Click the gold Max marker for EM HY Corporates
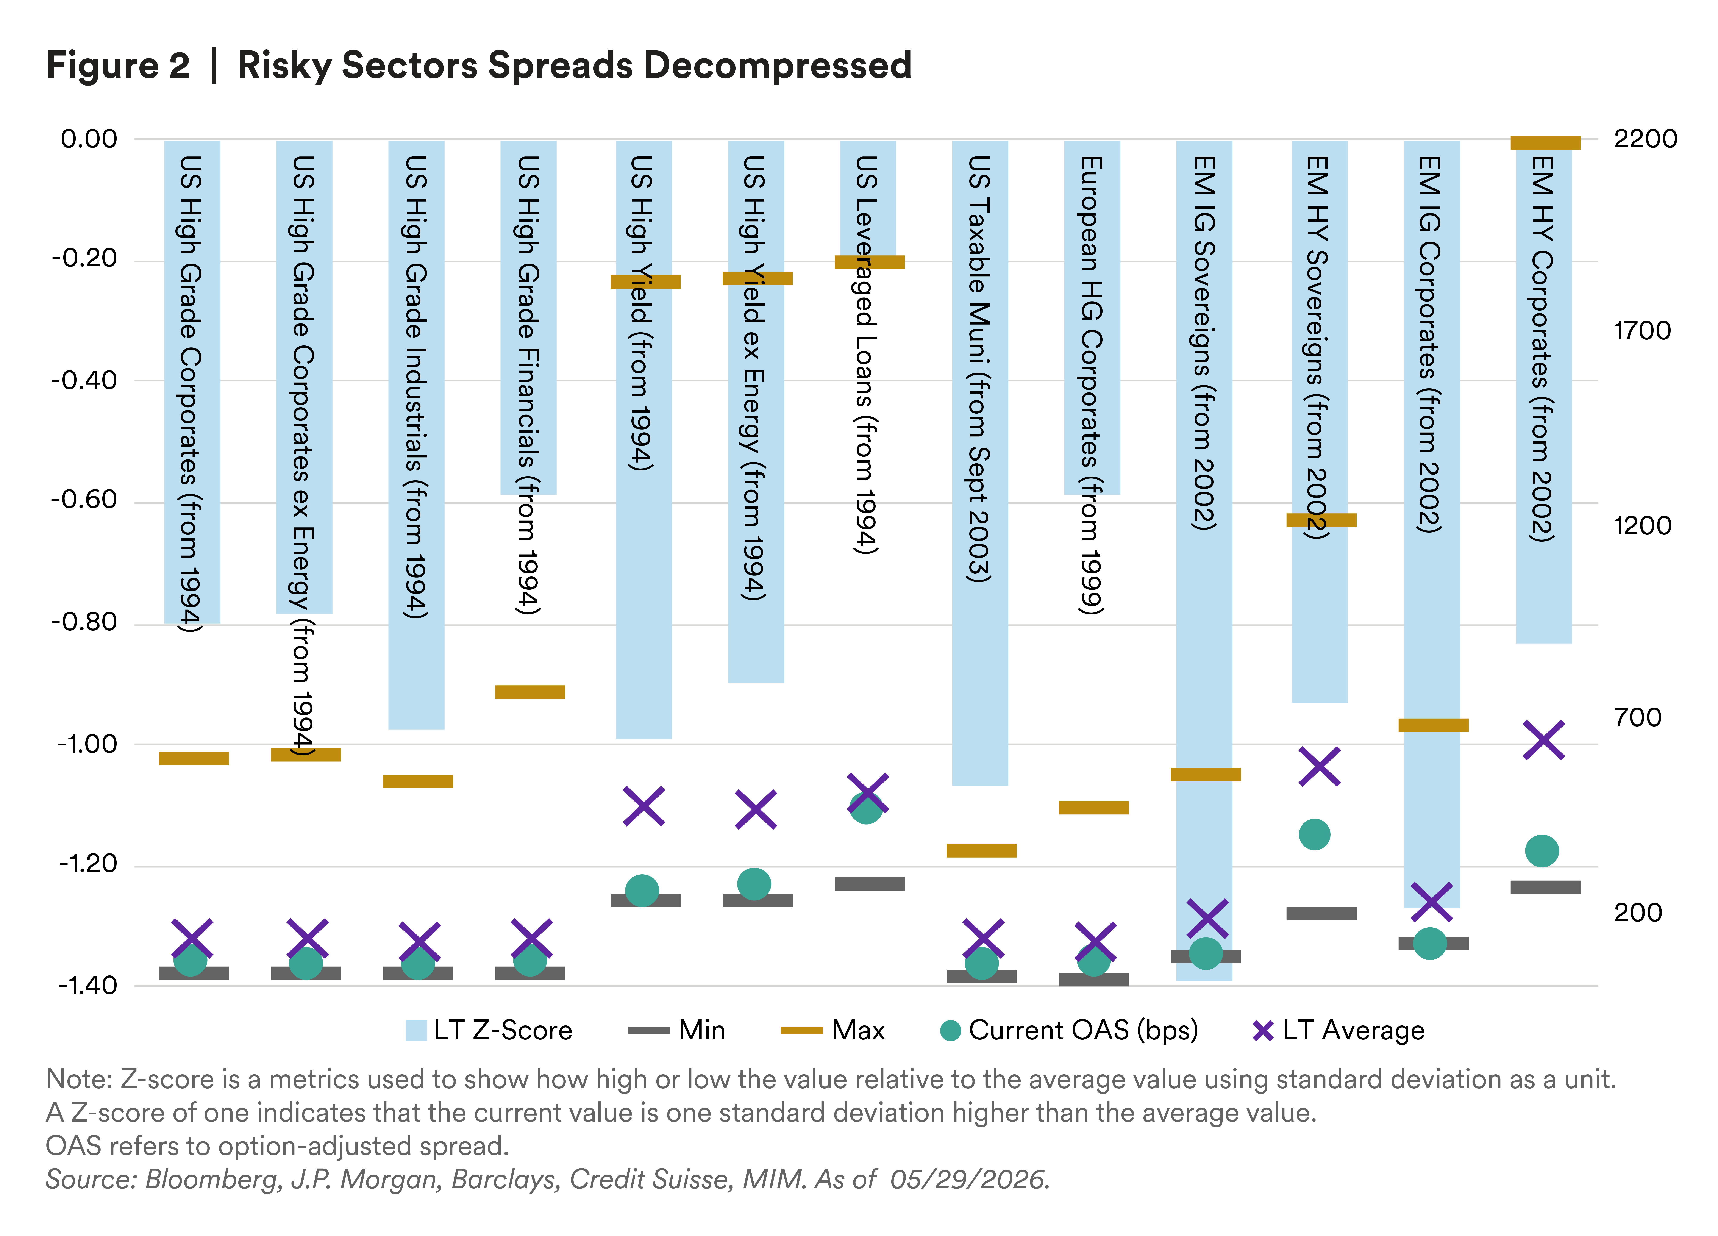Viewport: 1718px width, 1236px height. pyautogui.click(x=1545, y=142)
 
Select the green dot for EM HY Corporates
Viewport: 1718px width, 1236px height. pyautogui.click(x=1542, y=850)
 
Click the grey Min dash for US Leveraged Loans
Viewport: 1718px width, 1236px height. pyautogui.click(x=870, y=884)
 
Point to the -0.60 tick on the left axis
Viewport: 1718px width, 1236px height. pyautogui.click(x=84, y=500)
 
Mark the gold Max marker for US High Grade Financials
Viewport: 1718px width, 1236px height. pyautogui.click(x=530, y=691)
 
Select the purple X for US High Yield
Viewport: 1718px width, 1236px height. pyautogui.click(x=644, y=806)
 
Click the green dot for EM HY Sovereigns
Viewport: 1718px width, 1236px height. pyautogui.click(x=1314, y=835)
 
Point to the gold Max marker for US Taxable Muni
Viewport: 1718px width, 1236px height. pyautogui.click(x=982, y=850)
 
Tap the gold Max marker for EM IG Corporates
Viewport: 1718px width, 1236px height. pyautogui.click(x=1433, y=725)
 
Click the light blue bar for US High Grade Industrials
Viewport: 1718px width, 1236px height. pyautogui.click(x=417, y=435)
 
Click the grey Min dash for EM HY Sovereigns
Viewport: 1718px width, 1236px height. pyautogui.click(x=1321, y=913)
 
